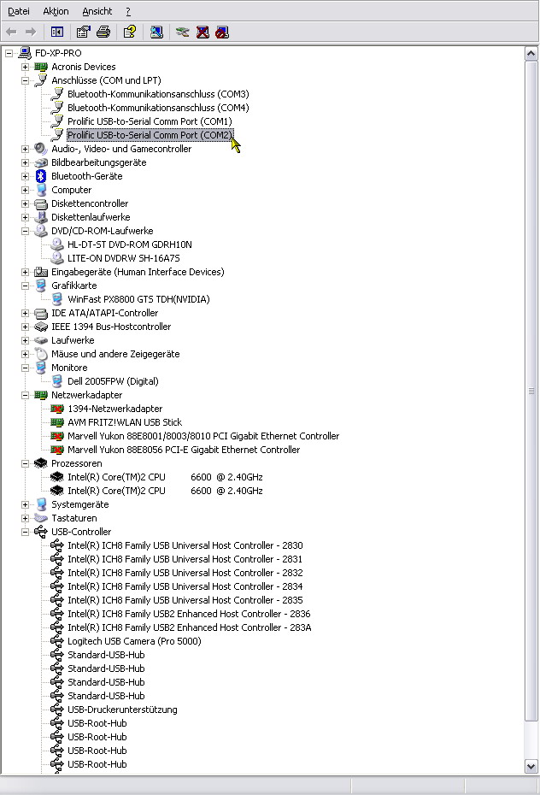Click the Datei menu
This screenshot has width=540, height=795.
(19, 11)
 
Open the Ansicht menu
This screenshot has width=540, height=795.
(97, 11)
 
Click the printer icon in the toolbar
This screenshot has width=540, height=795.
(103, 32)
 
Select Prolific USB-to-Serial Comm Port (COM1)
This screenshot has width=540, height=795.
(150, 121)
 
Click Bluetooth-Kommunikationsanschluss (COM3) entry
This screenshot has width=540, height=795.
(158, 94)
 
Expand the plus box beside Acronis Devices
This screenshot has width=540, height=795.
(25, 67)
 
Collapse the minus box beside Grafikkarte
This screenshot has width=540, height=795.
(25, 286)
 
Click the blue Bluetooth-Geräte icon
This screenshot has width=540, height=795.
(41, 176)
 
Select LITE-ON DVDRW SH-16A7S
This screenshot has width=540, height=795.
(124, 258)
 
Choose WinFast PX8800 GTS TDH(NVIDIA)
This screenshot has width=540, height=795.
(138, 299)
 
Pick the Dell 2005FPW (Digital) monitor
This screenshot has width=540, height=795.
(113, 381)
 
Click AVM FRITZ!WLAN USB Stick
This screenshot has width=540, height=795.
(125, 422)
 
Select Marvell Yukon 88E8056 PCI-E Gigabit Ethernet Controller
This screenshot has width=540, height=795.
(184, 450)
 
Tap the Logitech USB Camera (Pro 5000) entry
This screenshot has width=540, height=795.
(134, 641)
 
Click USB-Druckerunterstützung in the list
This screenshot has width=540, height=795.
(122, 710)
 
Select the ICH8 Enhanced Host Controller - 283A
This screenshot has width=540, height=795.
(190, 627)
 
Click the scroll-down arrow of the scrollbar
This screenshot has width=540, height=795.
(531, 766)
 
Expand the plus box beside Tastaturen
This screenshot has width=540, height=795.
(25, 518)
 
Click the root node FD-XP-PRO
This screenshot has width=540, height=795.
(58, 53)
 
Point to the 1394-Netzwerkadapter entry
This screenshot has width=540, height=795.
(115, 409)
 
